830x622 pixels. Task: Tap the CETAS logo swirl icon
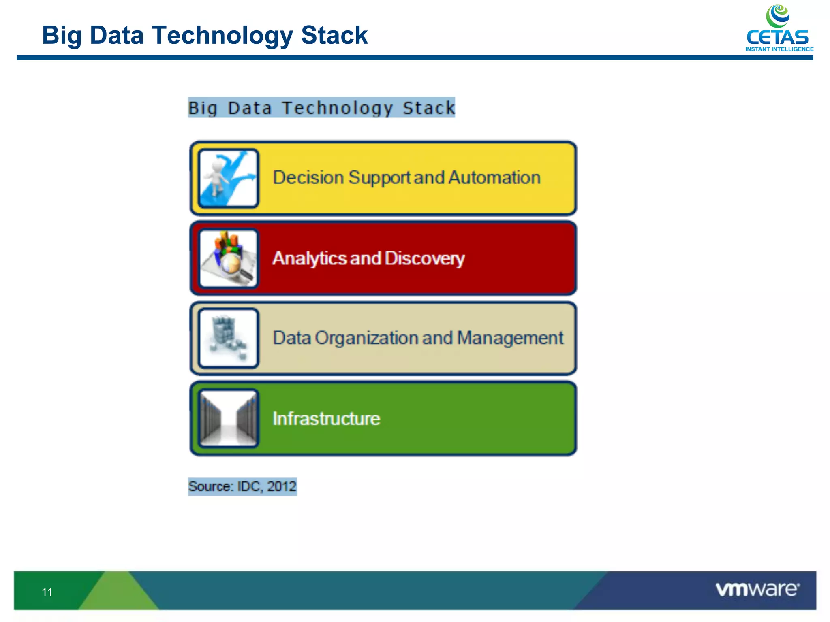click(x=777, y=16)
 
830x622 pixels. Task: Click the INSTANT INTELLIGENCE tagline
click(x=779, y=49)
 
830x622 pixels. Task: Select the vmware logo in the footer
click(x=757, y=589)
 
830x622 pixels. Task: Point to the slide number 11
click(x=47, y=592)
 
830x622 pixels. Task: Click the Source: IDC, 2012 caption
click(x=242, y=486)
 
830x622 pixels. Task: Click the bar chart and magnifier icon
click(x=228, y=258)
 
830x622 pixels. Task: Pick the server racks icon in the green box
click(x=228, y=418)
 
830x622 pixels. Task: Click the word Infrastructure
click(x=326, y=419)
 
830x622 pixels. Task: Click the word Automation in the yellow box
click(x=494, y=178)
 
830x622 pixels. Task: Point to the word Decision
click(x=308, y=178)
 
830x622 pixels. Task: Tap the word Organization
click(x=366, y=338)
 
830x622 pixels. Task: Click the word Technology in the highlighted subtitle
click(x=337, y=108)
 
